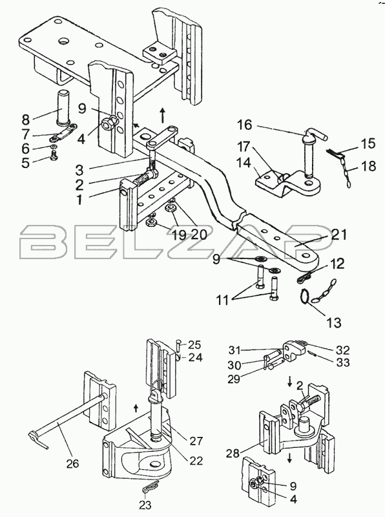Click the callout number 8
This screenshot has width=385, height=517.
coord(26,119)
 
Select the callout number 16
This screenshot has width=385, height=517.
coord(244,125)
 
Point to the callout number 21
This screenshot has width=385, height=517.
coord(339,235)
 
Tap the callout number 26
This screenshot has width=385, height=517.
coord(72,463)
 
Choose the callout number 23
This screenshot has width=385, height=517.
coord(146,505)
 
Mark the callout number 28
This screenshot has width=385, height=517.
coord(233,454)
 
